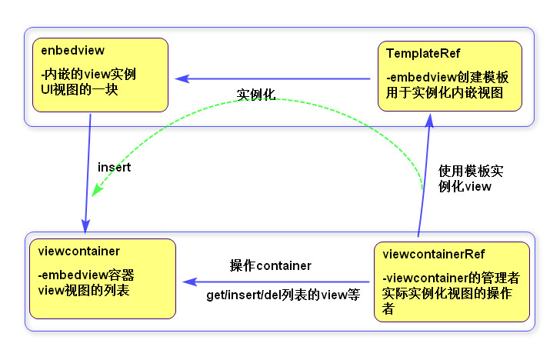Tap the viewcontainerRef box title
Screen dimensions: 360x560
tap(434, 254)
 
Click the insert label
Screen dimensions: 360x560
tap(114, 167)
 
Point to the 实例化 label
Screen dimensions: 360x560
tap(256, 95)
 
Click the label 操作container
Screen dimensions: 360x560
tap(271, 265)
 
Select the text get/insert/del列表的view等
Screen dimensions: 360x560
tap(283, 295)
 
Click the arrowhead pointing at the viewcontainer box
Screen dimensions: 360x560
tap(188, 282)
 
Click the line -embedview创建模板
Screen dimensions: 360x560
tap(448, 78)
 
